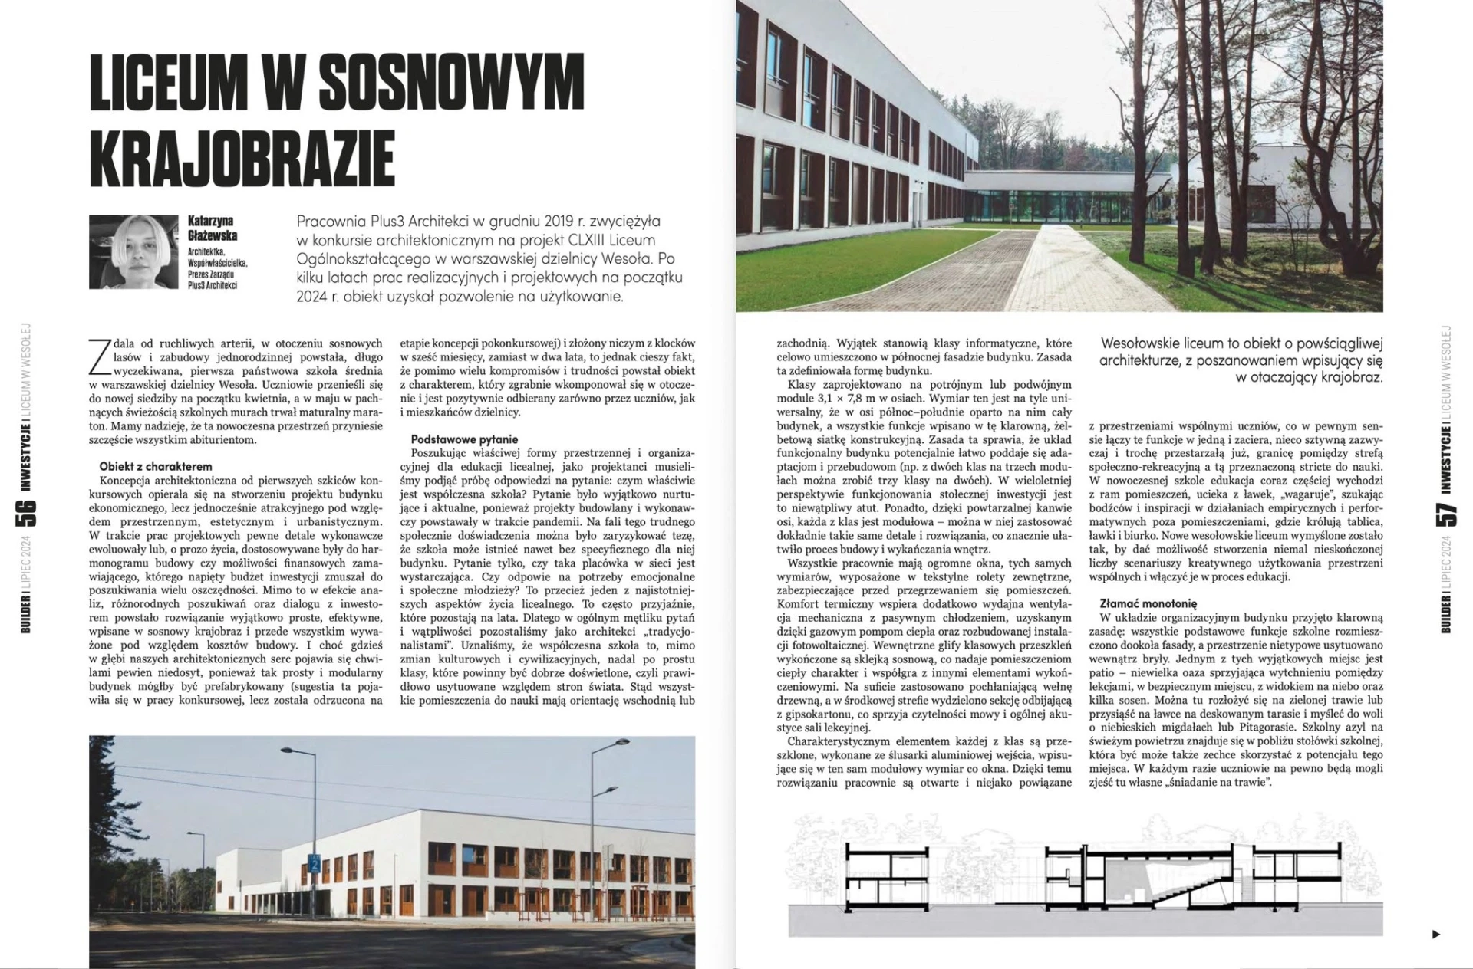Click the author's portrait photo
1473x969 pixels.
tap(133, 252)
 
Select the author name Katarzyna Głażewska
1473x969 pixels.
tap(213, 228)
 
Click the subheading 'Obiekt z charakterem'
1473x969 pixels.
tap(156, 466)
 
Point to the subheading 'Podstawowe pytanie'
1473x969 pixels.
tap(455, 440)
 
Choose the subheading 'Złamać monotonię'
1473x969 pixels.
tap(1148, 604)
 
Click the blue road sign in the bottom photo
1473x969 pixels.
tap(314, 863)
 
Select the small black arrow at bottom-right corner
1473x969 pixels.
tap(1436, 934)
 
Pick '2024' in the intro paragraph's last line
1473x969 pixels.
tap(315, 296)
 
